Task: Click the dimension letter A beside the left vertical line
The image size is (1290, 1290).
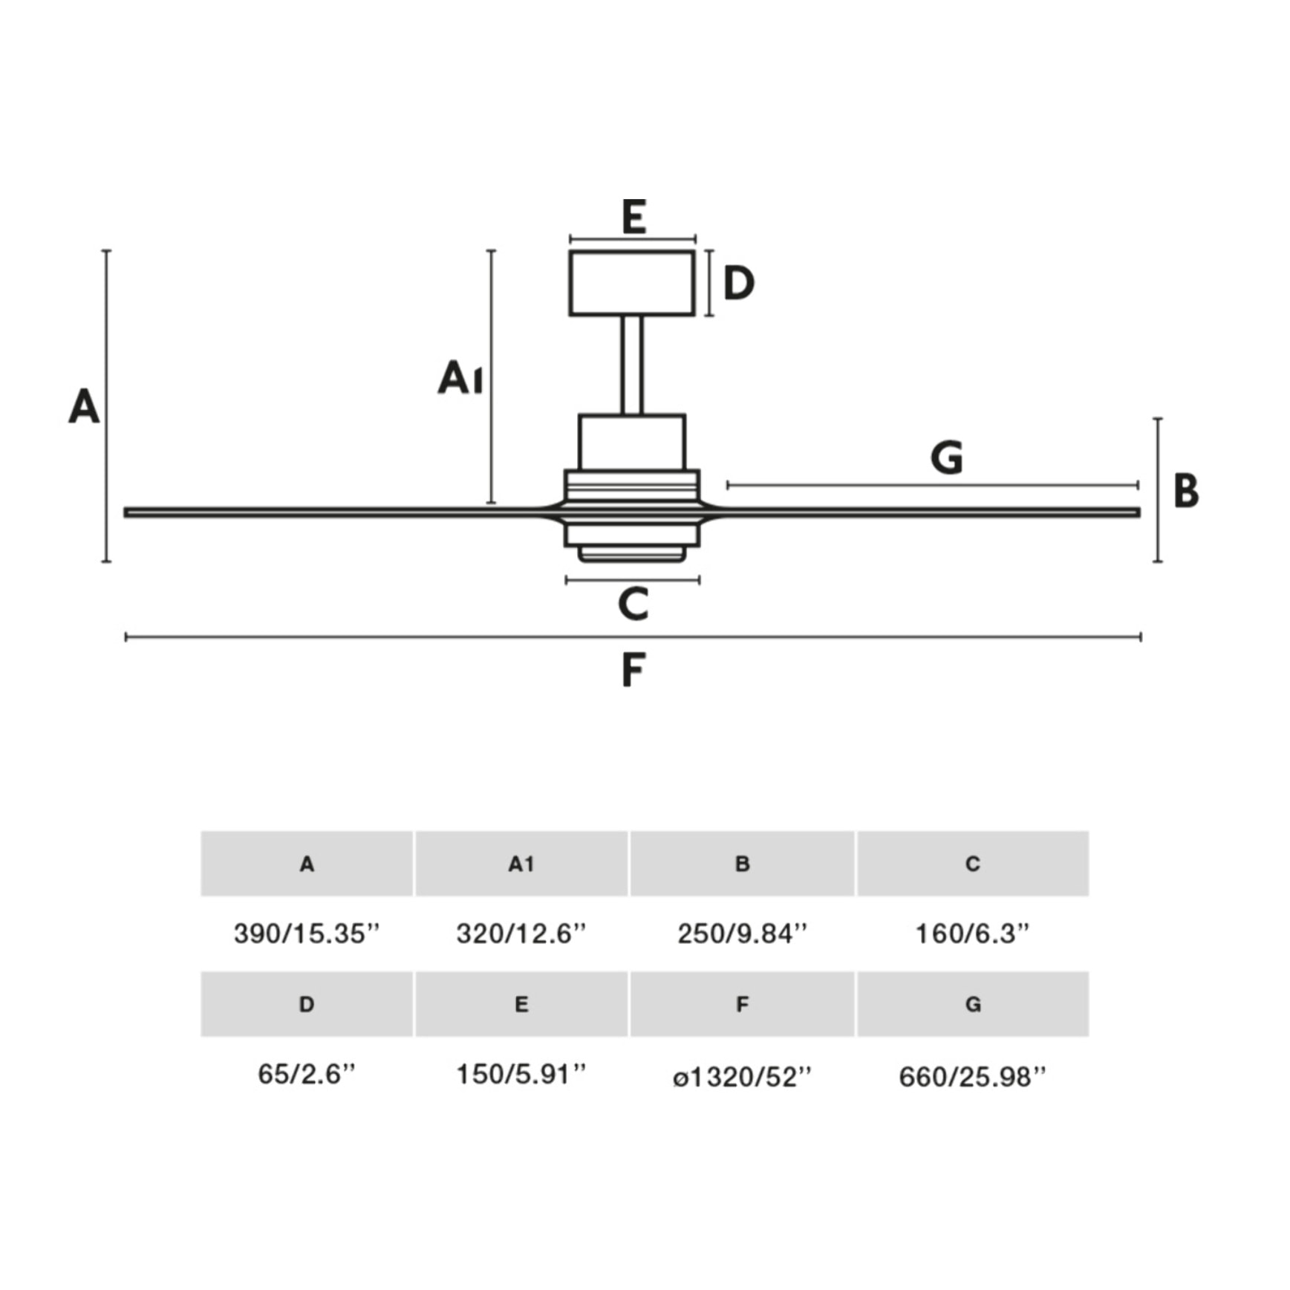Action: (84, 407)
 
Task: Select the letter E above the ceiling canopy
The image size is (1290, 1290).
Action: (633, 217)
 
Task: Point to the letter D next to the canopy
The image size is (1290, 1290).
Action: (738, 283)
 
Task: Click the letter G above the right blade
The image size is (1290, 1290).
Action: (947, 457)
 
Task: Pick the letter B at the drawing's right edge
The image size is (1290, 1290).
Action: (1186, 491)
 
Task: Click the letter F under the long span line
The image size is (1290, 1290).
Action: (633, 670)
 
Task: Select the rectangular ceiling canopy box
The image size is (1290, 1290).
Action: (632, 283)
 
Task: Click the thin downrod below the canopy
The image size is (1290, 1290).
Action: (632, 365)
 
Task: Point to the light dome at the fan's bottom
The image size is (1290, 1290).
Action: (632, 553)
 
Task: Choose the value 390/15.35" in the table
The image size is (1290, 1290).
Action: (307, 934)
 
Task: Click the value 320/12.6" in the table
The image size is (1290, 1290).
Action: (521, 934)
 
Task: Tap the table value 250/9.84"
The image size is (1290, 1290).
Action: (742, 934)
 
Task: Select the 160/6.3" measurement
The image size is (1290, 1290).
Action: (972, 934)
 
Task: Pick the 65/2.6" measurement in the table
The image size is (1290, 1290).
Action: (307, 1074)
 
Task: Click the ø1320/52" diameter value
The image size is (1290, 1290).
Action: (742, 1076)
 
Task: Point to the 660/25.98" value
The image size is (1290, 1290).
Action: (972, 1076)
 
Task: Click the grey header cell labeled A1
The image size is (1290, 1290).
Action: (521, 864)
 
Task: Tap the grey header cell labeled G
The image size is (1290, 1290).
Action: (973, 1004)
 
